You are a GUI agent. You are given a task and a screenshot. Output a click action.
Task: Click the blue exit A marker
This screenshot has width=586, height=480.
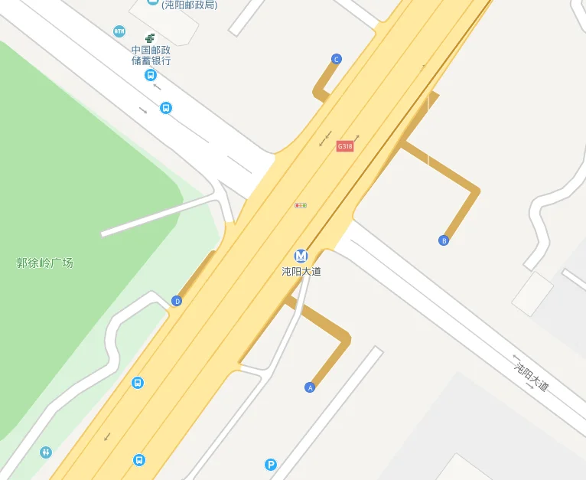(x=310, y=387)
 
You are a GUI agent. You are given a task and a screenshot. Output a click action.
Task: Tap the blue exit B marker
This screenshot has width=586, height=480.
(x=443, y=240)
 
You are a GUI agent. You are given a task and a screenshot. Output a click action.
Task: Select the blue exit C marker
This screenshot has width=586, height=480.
(x=336, y=59)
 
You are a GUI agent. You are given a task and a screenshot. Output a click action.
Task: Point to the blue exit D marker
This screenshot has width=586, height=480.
(x=177, y=301)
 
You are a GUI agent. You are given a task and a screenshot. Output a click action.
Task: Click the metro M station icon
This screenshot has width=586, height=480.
(x=301, y=256)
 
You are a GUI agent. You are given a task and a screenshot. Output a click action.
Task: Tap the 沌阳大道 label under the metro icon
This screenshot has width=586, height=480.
(x=301, y=271)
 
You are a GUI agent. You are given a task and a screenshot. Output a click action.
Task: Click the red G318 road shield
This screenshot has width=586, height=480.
(x=345, y=146)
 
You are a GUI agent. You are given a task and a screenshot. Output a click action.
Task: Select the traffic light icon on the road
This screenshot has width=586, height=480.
(x=301, y=205)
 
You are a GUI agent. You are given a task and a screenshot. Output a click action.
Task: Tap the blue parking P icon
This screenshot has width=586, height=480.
(x=270, y=464)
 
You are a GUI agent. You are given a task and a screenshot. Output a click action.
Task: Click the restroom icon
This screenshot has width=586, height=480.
(x=46, y=452)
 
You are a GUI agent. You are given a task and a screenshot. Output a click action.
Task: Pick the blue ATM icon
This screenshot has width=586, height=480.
(x=119, y=31)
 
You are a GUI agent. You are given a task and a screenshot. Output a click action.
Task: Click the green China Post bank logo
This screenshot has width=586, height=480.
(x=150, y=38)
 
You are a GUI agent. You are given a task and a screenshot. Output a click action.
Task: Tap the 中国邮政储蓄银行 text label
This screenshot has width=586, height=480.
(x=151, y=55)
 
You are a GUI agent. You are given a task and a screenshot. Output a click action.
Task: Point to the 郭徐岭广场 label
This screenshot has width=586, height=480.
(x=45, y=263)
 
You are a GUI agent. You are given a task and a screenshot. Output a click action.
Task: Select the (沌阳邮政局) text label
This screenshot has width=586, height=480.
(x=189, y=5)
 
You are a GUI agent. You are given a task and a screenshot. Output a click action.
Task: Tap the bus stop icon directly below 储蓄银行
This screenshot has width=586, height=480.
(x=150, y=75)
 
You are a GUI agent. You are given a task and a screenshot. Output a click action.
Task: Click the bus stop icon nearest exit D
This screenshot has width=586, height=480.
(x=137, y=383)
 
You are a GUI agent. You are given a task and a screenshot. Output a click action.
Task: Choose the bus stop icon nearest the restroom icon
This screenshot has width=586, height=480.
(x=138, y=460)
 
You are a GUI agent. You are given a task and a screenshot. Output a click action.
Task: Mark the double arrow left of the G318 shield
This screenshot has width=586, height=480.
(x=325, y=140)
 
